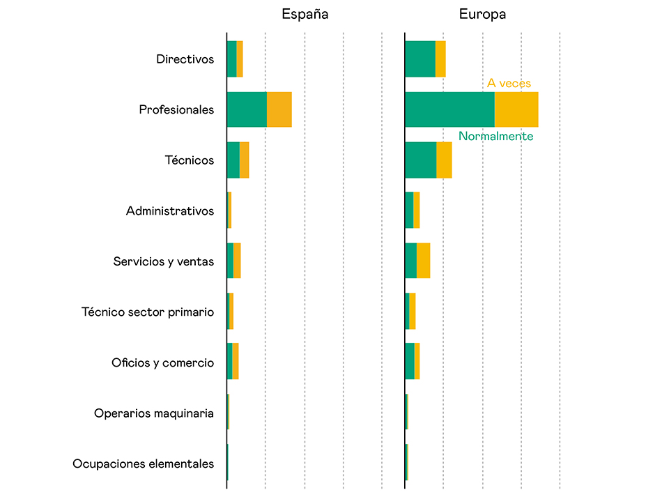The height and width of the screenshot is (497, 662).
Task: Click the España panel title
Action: [x=305, y=14]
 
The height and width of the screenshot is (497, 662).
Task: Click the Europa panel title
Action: [x=482, y=14]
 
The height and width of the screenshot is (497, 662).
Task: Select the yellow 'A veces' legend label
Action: [x=509, y=84]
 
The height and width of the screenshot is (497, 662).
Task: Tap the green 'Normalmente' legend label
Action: [x=495, y=137]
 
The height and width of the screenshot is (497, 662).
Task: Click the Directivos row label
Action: [x=185, y=59]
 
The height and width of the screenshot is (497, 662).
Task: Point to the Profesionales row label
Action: [x=176, y=109]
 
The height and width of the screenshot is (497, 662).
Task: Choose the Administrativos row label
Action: [x=170, y=211]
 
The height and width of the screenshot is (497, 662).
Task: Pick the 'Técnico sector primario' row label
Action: [x=148, y=312]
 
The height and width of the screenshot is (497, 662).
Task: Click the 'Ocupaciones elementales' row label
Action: [x=143, y=464]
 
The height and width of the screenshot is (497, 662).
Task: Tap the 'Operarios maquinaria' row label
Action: [x=154, y=413]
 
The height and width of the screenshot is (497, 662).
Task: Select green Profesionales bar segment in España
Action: [x=247, y=109]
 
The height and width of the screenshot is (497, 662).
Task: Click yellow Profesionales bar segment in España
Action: [x=279, y=109]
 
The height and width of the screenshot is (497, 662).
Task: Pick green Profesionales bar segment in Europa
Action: [x=449, y=109]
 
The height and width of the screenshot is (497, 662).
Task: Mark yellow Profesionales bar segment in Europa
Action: [x=516, y=109]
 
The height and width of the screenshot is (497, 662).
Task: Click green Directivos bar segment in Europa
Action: [x=420, y=59]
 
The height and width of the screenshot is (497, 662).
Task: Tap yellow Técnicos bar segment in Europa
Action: [x=444, y=160]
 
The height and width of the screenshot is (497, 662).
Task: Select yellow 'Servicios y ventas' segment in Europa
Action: [x=423, y=261]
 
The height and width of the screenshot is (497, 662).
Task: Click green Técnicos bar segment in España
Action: [x=233, y=160]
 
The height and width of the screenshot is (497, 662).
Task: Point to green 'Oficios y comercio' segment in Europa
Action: [x=410, y=362]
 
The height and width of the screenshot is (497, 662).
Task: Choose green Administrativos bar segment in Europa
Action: [x=409, y=211]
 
